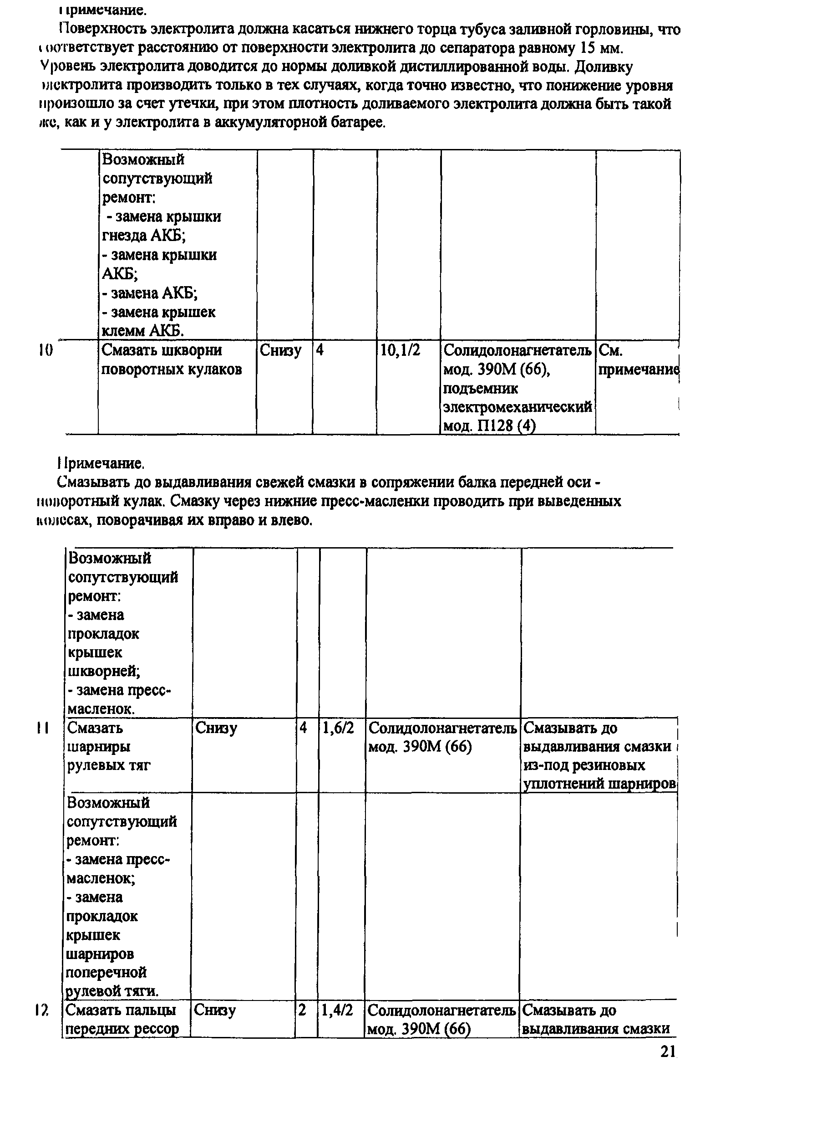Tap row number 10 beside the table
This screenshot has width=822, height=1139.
point(46,350)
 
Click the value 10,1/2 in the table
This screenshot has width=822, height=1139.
point(400,350)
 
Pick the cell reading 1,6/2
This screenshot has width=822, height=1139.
point(338,728)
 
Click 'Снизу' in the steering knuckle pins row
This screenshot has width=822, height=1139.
point(280,350)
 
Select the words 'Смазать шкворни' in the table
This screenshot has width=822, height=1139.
point(162,350)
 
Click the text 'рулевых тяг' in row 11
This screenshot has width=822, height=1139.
point(109,765)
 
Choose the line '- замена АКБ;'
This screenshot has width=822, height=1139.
point(150,293)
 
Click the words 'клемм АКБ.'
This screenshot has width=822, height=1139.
point(143,331)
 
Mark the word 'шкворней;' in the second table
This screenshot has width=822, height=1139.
point(104,672)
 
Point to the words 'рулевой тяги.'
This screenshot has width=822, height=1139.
point(112,991)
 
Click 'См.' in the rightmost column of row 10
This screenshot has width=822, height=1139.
point(611,350)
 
